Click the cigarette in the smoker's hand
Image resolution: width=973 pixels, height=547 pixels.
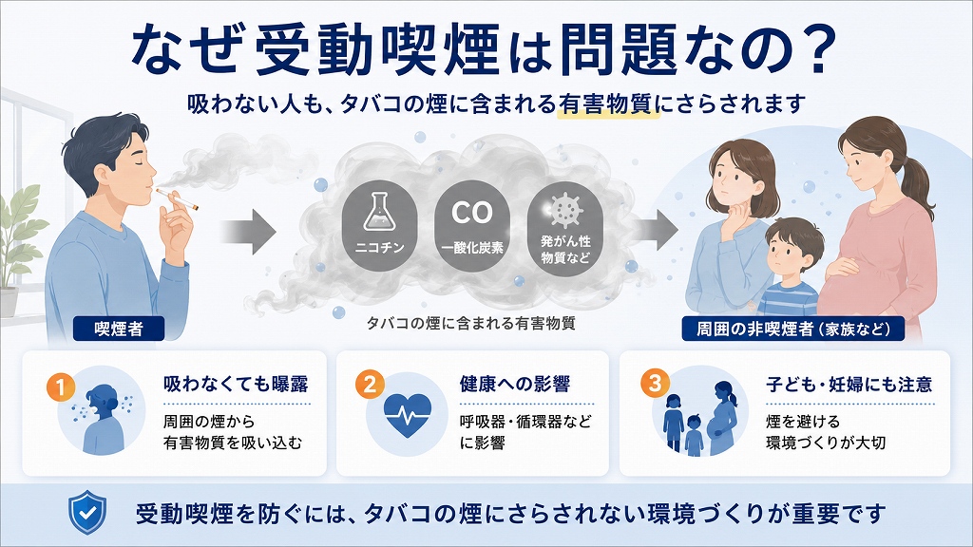pyautogui.click(x=177, y=198)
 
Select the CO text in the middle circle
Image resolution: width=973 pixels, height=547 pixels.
pyautogui.click(x=472, y=213)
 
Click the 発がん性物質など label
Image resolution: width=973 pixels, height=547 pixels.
pyautogui.click(x=564, y=250)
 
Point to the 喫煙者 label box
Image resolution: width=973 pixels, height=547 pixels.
pyautogui.click(x=119, y=329)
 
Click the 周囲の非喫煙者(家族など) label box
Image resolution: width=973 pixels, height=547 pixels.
pyautogui.click(x=792, y=329)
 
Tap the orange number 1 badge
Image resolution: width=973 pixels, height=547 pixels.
pyautogui.click(x=60, y=387)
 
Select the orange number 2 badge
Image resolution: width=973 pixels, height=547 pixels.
pyautogui.click(x=370, y=385)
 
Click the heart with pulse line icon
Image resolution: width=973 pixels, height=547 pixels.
pyautogui.click(x=407, y=414)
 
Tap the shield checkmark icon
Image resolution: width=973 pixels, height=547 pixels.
pyautogui.click(x=86, y=512)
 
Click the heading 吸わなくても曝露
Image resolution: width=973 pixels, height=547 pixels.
pyautogui.click(x=236, y=384)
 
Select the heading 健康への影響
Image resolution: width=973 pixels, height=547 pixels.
pyautogui.click(x=515, y=384)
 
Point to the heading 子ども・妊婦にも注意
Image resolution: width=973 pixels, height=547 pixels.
pyautogui.click(x=849, y=385)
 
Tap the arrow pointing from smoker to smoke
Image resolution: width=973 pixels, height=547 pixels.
pyautogui.click(x=248, y=232)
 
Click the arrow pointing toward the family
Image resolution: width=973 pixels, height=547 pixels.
pyautogui.click(x=657, y=231)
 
